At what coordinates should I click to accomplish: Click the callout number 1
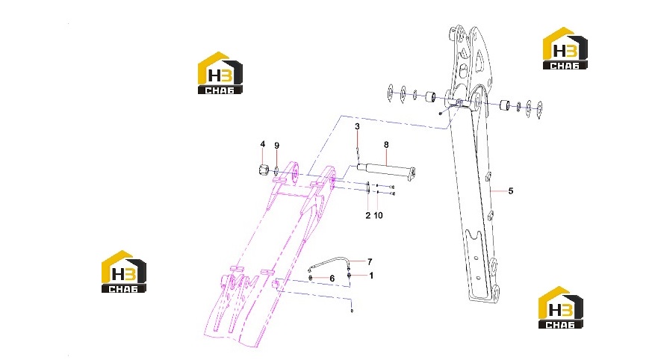tap(371, 276)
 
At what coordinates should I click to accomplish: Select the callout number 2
tap(368, 215)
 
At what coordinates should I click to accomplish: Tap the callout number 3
tap(357, 126)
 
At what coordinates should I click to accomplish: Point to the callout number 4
tap(263, 144)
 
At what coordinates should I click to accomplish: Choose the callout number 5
tap(511, 191)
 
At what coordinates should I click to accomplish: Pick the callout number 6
tap(332, 279)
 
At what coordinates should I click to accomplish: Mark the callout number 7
tap(370, 262)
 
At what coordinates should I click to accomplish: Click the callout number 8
tap(386, 145)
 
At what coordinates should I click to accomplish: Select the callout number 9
tap(276, 146)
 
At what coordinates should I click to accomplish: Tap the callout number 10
tap(378, 215)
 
